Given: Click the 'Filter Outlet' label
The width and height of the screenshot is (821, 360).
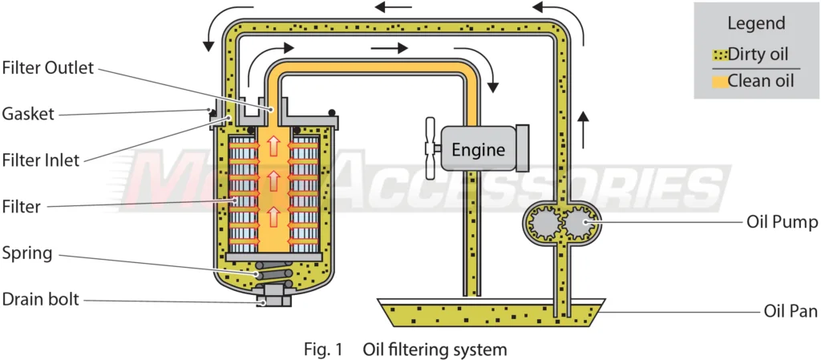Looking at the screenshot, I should pos(48,68).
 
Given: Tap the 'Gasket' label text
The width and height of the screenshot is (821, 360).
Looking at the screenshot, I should pos(29,114).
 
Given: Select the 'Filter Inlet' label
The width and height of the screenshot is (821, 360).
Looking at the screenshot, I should pos(41,160).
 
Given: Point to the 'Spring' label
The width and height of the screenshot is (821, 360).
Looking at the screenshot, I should pos(27,253).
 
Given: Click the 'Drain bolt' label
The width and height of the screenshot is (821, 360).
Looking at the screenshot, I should pos(40,300).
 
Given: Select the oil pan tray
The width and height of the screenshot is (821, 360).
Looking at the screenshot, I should pos(489,313).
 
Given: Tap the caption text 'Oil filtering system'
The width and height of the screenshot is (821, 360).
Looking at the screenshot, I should pos(435,350).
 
